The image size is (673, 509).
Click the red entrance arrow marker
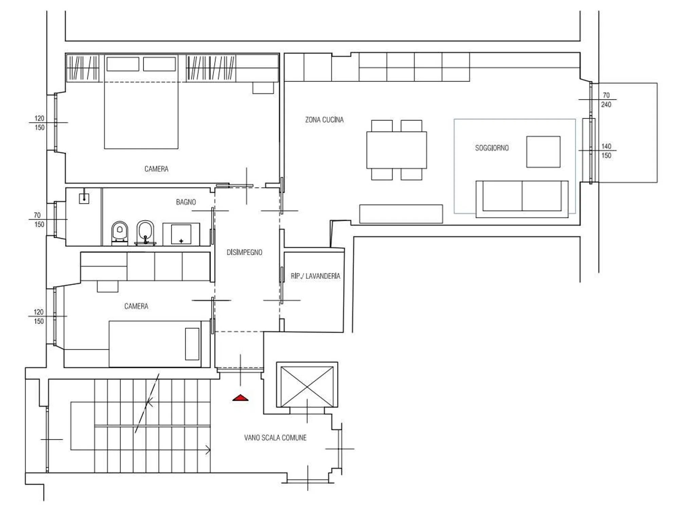coord(240,398)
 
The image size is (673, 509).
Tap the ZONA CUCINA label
coord(324,120)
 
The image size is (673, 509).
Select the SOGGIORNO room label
coord(492,148)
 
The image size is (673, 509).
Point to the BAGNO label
coord(186,202)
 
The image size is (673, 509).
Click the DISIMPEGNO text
coord(244,252)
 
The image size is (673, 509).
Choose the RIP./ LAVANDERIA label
coord(315,276)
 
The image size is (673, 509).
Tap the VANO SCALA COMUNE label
coord(275,438)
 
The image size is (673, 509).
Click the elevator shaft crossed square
coord(307,387)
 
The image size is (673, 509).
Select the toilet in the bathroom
coord(120,233)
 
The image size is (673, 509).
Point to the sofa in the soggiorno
coord(522,199)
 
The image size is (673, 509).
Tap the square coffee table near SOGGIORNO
coord(543,152)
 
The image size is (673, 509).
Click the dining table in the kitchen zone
coord(397,150)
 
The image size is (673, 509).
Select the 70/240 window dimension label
coord(606,100)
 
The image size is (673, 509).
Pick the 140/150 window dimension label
coord(606,151)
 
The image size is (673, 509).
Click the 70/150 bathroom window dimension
coord(39,220)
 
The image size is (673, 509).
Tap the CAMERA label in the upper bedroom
coord(156,169)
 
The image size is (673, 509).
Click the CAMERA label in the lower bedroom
coord(136,306)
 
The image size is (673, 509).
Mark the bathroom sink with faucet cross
coord(181,234)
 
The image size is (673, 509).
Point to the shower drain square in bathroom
coord(84,199)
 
